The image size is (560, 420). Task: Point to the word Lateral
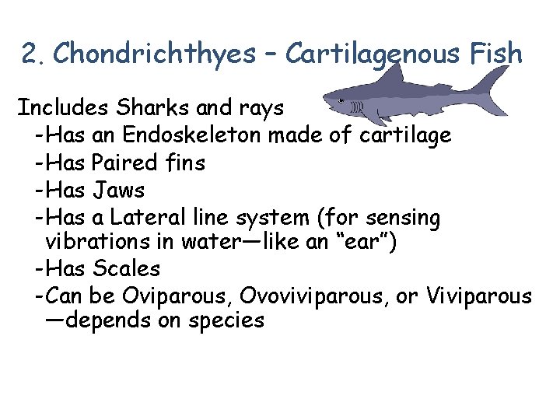145,215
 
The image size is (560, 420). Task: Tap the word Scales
126,268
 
